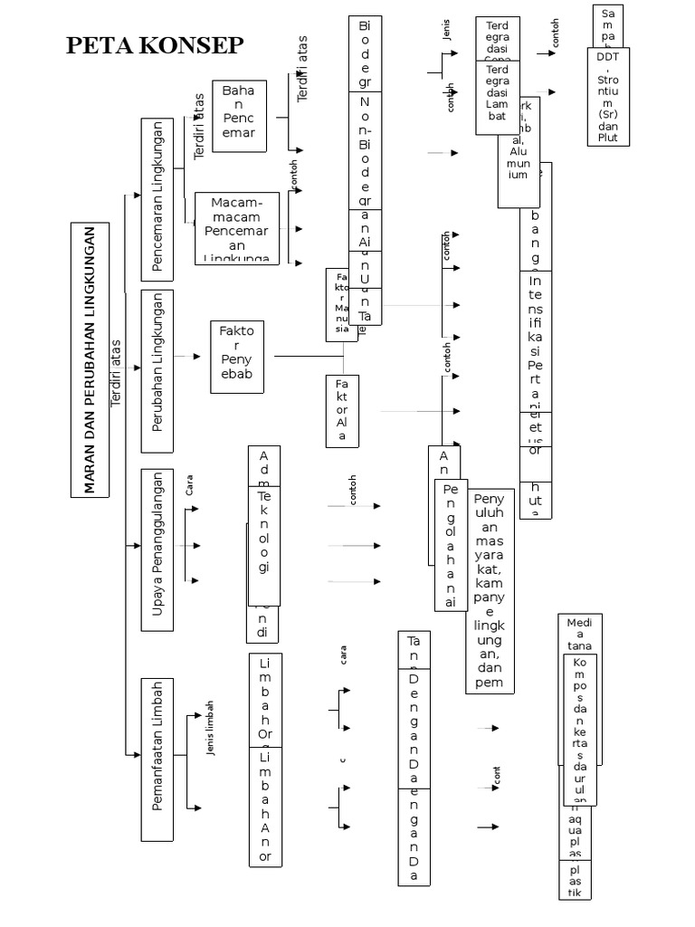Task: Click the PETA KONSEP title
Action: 155,47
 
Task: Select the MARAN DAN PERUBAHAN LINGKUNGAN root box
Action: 90,359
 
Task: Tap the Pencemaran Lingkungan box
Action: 158,198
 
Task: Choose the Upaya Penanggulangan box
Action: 158,549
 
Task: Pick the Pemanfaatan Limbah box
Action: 158,758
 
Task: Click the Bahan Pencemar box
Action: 239,112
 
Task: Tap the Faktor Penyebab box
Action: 237,357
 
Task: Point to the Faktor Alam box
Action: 342,410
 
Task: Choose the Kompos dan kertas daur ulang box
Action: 580,729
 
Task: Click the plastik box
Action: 575,880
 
